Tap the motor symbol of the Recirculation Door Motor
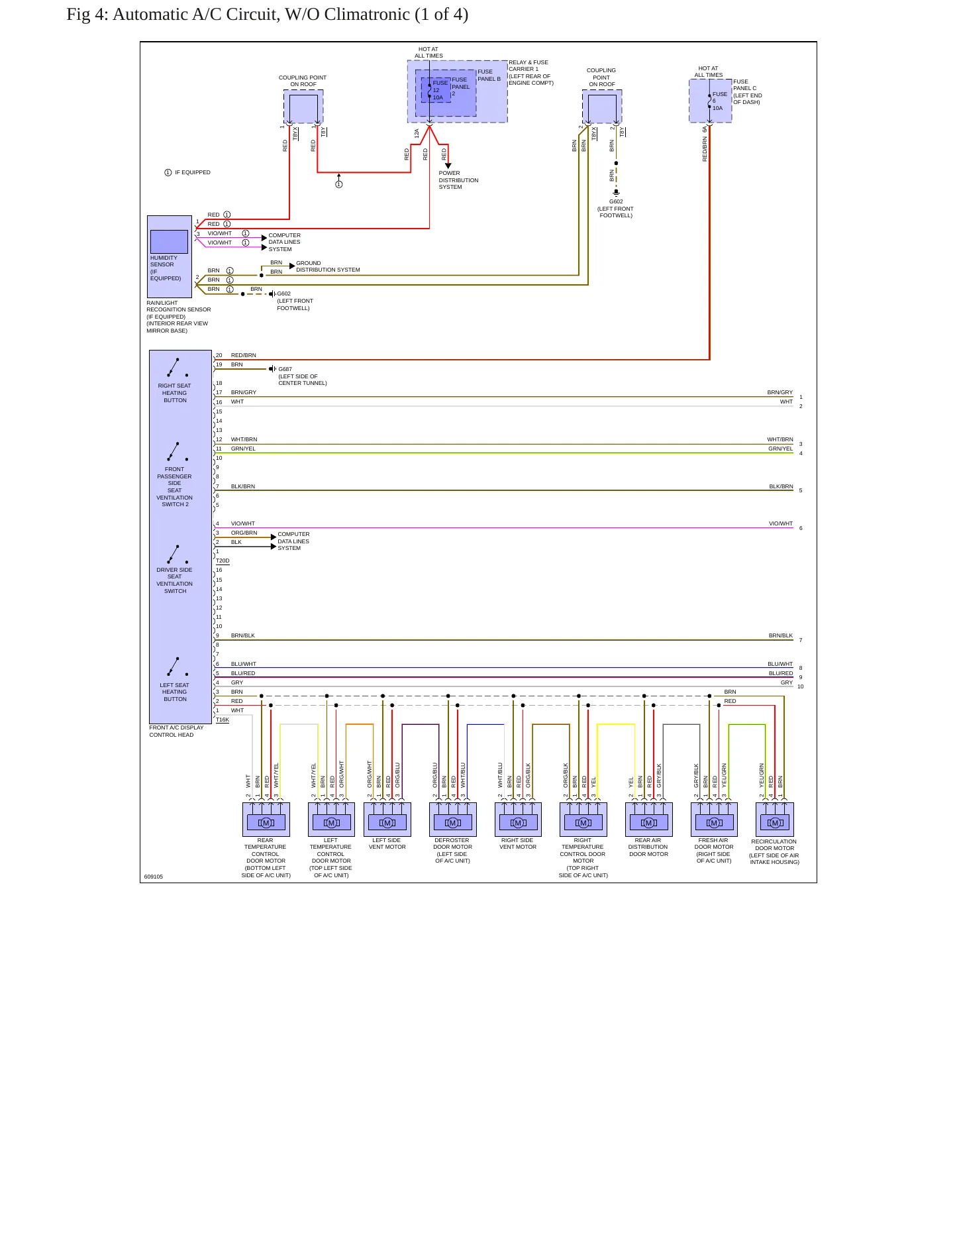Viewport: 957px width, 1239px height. click(774, 823)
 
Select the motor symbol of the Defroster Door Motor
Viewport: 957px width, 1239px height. click(453, 823)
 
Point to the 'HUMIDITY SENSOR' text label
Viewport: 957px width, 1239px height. click(164, 261)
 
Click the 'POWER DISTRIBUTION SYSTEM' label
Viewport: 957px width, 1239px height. click(458, 180)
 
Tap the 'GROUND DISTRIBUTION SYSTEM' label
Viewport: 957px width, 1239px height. click(328, 266)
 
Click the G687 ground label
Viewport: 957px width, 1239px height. click(285, 369)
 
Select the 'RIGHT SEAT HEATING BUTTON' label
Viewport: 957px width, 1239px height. click(175, 393)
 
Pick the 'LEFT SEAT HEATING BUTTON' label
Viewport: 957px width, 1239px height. click(175, 692)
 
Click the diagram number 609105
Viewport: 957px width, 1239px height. click(154, 877)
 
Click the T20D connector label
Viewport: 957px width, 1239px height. click(223, 561)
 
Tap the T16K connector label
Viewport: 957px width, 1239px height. click(223, 720)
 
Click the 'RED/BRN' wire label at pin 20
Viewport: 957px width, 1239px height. click(243, 355)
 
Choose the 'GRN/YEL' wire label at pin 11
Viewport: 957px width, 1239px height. click(243, 449)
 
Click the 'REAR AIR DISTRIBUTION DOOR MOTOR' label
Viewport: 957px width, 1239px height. click(648, 847)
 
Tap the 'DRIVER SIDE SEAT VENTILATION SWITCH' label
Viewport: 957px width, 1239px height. click(175, 580)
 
